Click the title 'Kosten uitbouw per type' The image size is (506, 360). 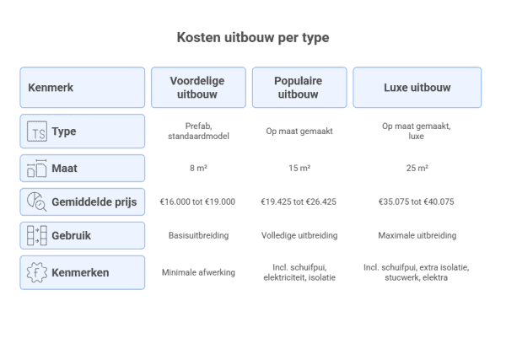(x=253, y=37)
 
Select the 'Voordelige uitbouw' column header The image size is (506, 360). (x=198, y=88)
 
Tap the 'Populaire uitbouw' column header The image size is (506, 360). (x=299, y=88)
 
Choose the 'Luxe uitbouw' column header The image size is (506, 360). (x=417, y=88)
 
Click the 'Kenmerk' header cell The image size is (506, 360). (x=83, y=88)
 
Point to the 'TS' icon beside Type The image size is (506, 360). (x=37, y=132)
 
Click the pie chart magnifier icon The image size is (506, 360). (x=37, y=202)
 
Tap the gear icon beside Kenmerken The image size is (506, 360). (x=37, y=272)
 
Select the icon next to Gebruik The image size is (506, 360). (x=37, y=235)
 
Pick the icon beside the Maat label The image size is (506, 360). (x=37, y=169)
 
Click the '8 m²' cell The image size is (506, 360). (x=198, y=168)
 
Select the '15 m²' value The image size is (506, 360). (x=299, y=168)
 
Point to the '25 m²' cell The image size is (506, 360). (x=417, y=168)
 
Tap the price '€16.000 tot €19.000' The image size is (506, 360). (x=197, y=202)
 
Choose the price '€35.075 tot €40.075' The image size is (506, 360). (x=417, y=202)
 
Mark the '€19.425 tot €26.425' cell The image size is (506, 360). (x=299, y=202)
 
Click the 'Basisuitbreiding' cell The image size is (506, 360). (x=198, y=235)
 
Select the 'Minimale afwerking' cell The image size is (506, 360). (x=198, y=272)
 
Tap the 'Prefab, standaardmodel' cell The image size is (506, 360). (x=198, y=131)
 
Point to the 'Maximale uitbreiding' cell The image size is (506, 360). (x=417, y=235)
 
